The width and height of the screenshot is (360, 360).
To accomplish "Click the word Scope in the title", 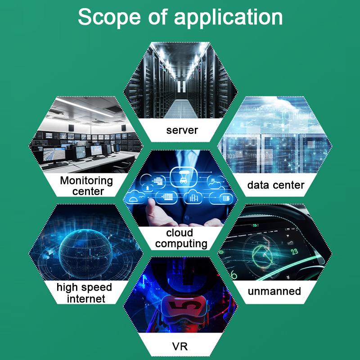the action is point(109,17).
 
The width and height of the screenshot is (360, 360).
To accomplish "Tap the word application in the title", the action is point(228,18).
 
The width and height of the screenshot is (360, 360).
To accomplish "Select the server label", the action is point(182,130).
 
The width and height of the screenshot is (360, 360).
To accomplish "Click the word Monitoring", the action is point(86,181).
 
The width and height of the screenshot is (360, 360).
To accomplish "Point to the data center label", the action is point(276,185).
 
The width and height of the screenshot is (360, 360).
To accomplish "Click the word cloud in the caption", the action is point(180,233).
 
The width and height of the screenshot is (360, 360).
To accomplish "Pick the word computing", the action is point(181,244).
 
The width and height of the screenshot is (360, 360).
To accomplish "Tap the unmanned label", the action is point(274,291).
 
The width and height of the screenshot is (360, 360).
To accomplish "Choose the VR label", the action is point(180,346).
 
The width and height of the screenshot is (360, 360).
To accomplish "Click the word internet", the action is point(86,299).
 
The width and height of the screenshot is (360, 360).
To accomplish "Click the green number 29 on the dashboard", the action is point(295,252).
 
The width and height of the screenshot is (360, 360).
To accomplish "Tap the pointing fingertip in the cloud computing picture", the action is point(151,201).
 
